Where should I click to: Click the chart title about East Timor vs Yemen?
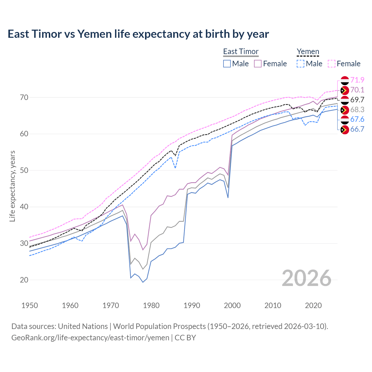pyautogui.click(x=138, y=34)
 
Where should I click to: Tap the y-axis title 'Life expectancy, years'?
pyautogui.click(x=12, y=186)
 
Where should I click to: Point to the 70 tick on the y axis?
pyautogui.click(x=24, y=97)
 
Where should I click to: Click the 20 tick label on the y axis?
pyautogui.click(x=24, y=280)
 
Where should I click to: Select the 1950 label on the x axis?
pyautogui.click(x=30, y=305)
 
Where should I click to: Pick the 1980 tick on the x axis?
pyautogui.click(x=151, y=305)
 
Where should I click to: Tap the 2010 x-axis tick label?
pyautogui.click(x=273, y=305)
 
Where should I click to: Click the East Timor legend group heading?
pyautogui.click(x=241, y=51)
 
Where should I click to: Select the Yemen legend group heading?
pyautogui.click(x=308, y=51)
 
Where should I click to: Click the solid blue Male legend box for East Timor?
pyautogui.click(x=227, y=64)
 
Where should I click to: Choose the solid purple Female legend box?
pyautogui.click(x=258, y=64)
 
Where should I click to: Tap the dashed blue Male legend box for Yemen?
pyautogui.click(x=301, y=64)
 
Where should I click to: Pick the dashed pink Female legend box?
pyautogui.click(x=332, y=64)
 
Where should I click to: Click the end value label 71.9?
pyautogui.click(x=357, y=80)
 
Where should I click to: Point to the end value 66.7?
pyautogui.click(x=357, y=129)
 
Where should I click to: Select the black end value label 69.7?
pyautogui.click(x=357, y=100)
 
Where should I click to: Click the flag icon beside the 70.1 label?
pyautogui.click(x=345, y=90)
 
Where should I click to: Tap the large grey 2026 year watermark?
pyautogui.click(x=307, y=278)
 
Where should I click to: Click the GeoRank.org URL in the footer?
pyautogui.click(x=90, y=338)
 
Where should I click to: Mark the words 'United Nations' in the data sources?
pyautogui.click(x=83, y=326)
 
